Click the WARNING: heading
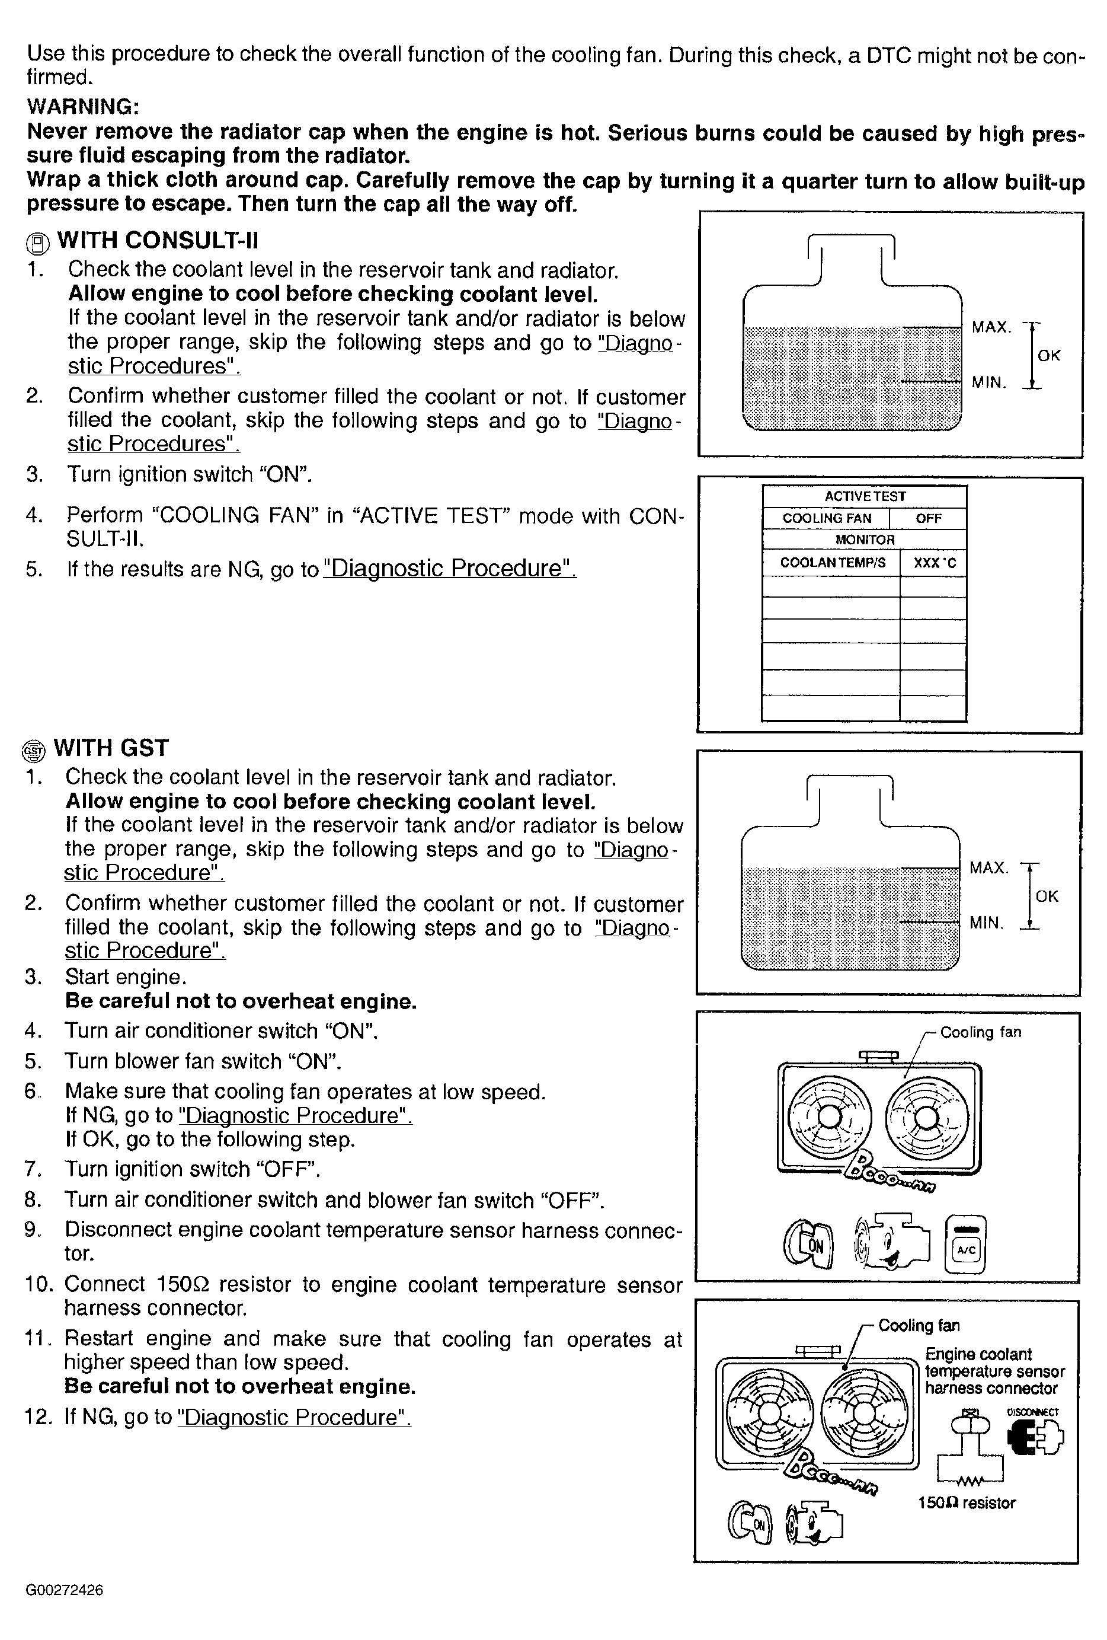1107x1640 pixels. click(x=82, y=107)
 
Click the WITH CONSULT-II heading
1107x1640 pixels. click(x=157, y=241)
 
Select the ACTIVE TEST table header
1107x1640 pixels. click(x=864, y=497)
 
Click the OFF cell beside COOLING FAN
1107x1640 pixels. click(x=928, y=519)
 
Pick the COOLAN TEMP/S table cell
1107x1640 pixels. click(x=832, y=563)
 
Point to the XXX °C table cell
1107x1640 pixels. click(x=933, y=563)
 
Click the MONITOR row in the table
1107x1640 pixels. click(x=864, y=540)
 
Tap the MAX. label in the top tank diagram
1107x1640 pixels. click(x=991, y=327)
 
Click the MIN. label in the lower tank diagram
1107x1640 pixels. click(x=986, y=923)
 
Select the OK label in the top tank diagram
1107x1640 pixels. click(x=1048, y=356)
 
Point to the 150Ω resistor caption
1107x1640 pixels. click(x=967, y=1503)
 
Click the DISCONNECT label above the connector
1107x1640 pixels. click(x=1033, y=1412)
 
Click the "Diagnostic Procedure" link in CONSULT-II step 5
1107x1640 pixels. click(x=449, y=569)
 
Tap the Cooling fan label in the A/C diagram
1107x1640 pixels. click(x=980, y=1032)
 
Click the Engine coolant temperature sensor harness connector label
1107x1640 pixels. click(x=994, y=1371)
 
